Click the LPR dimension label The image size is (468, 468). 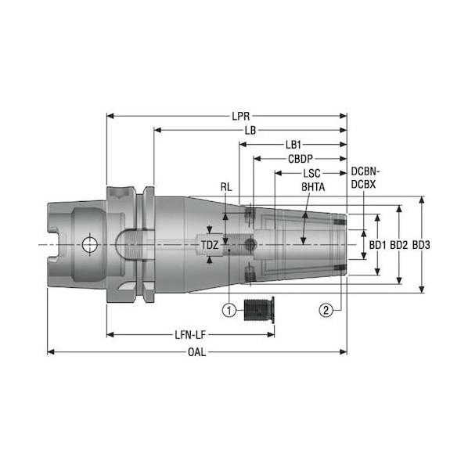click(x=240, y=116)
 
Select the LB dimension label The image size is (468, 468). click(x=250, y=131)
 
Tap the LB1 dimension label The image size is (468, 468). click(x=293, y=145)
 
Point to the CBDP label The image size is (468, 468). click(x=301, y=159)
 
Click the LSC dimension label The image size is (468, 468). click(x=311, y=173)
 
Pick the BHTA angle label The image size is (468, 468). click(x=313, y=187)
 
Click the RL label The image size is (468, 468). click(x=226, y=187)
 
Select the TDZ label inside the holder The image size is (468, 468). click(x=210, y=245)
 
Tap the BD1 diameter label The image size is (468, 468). click(x=377, y=245)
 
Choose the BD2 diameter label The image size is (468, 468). click(x=399, y=245)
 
